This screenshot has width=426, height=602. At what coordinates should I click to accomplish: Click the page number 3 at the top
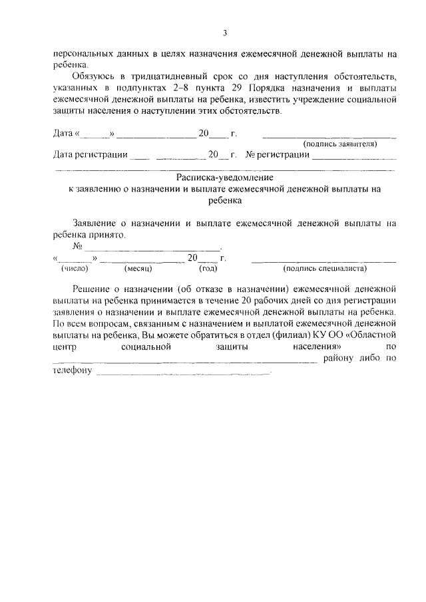pyautogui.click(x=224, y=33)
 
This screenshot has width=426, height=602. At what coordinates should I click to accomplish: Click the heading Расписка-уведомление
pyautogui.click(x=224, y=178)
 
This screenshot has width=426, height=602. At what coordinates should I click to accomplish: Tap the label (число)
pyautogui.click(x=75, y=269)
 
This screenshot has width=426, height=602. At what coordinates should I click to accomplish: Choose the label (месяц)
pyautogui.click(x=138, y=269)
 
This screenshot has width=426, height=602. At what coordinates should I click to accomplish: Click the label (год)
pyautogui.click(x=208, y=269)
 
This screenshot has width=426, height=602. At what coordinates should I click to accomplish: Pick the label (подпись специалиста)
pyautogui.click(x=324, y=269)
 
